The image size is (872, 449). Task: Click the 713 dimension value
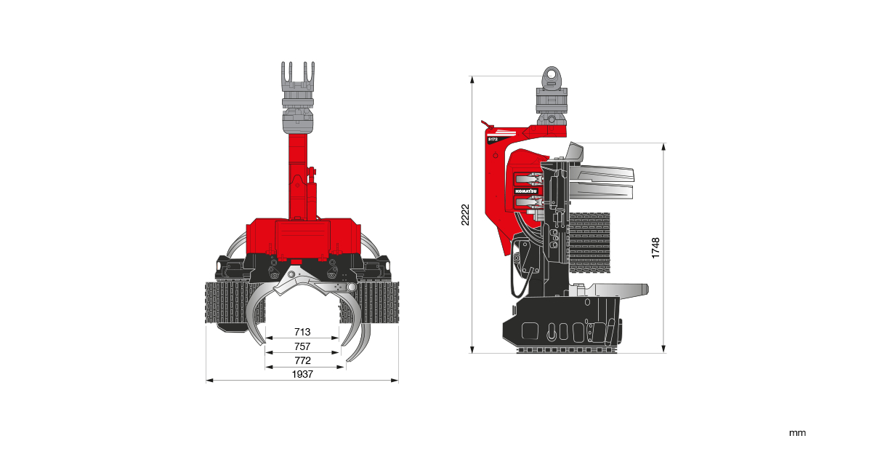click(302, 333)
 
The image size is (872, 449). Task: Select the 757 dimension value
click(302, 346)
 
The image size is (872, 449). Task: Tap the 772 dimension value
click(302, 361)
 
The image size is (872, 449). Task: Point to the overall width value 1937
click(302, 374)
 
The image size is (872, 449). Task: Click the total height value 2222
click(467, 215)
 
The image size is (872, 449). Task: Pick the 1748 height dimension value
click(656, 248)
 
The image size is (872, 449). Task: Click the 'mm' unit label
click(797, 433)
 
